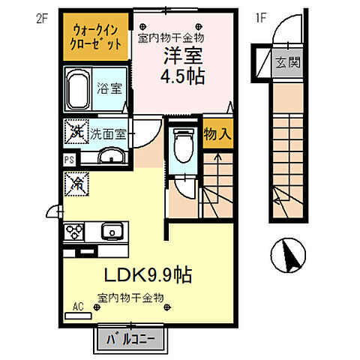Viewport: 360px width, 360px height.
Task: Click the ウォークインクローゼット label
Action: [97, 36]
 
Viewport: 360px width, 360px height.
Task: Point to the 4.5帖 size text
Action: [184, 76]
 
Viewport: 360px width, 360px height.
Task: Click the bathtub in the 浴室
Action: [79, 91]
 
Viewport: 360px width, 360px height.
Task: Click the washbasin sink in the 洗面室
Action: [110, 157]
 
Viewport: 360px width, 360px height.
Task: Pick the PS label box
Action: [69, 159]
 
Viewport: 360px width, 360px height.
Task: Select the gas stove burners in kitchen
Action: [75, 230]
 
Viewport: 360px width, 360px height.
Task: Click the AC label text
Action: [79, 307]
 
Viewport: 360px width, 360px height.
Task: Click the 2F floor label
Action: [41, 15]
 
